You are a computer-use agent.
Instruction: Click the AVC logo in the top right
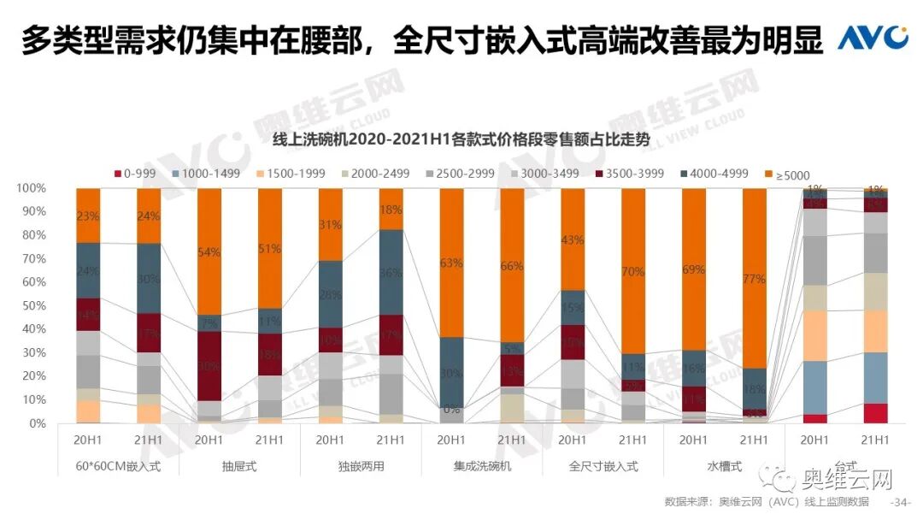coord(872,38)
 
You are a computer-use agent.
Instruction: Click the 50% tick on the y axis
coord(34,305)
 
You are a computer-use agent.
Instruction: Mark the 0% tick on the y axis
coord(38,423)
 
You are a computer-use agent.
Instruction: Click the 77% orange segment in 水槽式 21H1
coord(755,278)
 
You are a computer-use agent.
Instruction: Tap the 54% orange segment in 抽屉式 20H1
coord(209,251)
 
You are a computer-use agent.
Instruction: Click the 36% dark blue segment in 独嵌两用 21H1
coord(391,273)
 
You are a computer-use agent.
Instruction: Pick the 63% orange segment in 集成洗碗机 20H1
coord(451,263)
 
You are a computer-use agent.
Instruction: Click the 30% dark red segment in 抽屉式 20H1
coord(209,366)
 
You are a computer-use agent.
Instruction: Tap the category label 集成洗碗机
coord(482,467)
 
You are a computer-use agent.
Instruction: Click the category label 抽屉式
coord(239,467)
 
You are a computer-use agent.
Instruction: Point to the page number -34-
coord(901,501)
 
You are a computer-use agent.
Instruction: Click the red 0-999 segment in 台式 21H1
coord(874,413)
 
